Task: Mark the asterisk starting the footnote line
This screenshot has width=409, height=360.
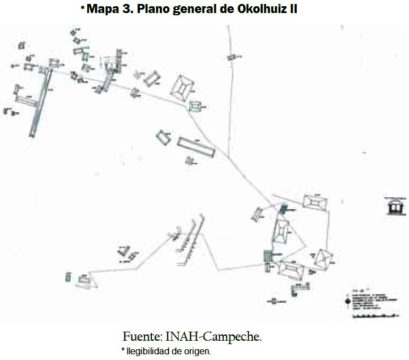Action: pos(123,350)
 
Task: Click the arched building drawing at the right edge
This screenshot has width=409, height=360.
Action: pos(395,207)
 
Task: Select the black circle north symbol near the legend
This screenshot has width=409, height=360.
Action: pos(346,301)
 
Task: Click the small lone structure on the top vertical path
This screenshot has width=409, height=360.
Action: pos(231,57)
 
